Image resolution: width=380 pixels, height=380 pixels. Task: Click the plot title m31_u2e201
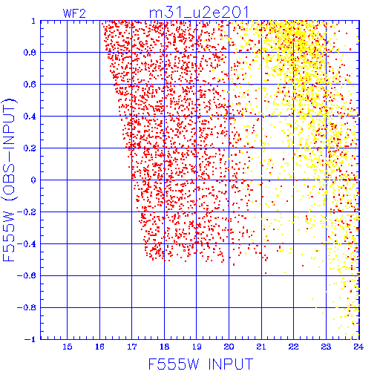pyautogui.click(x=199, y=13)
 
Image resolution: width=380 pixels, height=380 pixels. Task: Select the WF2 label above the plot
pyautogui.click(x=74, y=13)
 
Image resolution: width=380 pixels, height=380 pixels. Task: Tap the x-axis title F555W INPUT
pyautogui.click(x=200, y=364)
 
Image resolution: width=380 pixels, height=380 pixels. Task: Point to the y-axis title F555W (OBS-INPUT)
pyautogui.click(x=9, y=180)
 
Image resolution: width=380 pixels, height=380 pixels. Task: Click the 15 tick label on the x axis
pyautogui.click(x=67, y=347)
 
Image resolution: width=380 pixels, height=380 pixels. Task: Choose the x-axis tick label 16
pyautogui.click(x=99, y=347)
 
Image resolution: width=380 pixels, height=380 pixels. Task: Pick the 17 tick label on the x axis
pyautogui.click(x=132, y=347)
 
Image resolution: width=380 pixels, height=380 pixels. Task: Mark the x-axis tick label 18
pyautogui.click(x=164, y=347)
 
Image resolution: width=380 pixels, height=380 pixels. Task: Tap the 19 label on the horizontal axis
pyautogui.click(x=197, y=347)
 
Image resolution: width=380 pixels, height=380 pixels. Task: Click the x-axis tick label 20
pyautogui.click(x=229, y=347)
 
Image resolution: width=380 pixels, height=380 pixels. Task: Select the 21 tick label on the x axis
pyautogui.click(x=261, y=347)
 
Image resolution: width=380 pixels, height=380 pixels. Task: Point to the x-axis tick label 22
pyautogui.click(x=294, y=347)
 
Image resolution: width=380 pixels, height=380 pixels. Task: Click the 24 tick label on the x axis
pyautogui.click(x=358, y=347)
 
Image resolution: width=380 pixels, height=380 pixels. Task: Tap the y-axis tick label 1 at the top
pyautogui.click(x=33, y=21)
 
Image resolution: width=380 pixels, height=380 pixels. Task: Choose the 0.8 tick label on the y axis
pyautogui.click(x=30, y=53)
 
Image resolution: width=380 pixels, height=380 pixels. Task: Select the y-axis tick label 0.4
pyautogui.click(x=30, y=117)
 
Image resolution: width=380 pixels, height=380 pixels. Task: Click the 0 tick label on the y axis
pyautogui.click(x=33, y=180)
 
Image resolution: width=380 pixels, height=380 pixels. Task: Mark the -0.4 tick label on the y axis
pyautogui.click(x=27, y=244)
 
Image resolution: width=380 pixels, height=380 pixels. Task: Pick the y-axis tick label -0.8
pyautogui.click(x=27, y=307)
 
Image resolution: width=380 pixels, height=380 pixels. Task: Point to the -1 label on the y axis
pyautogui.click(x=30, y=339)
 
